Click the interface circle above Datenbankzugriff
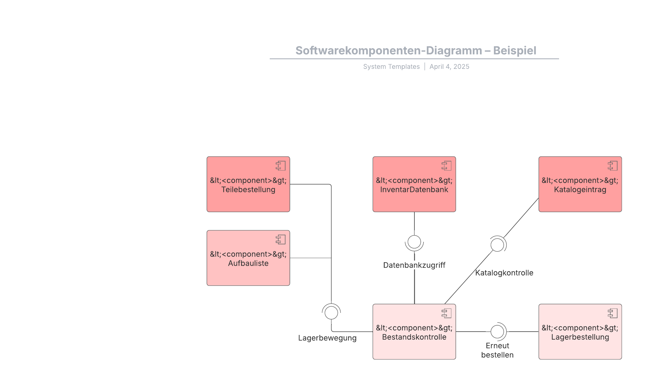coord(414,242)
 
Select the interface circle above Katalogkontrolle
coord(497,245)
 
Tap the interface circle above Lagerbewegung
coord(331,313)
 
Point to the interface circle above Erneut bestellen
coord(497,331)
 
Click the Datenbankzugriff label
coord(414,265)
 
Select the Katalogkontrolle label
coord(504,273)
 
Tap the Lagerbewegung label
coord(327,338)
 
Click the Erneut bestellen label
coord(497,350)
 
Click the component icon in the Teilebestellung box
coord(280,166)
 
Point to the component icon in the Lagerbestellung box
coord(612,313)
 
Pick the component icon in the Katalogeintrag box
coord(612,166)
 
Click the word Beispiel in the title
coord(514,50)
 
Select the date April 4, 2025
coord(449,67)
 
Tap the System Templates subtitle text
coord(391,67)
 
